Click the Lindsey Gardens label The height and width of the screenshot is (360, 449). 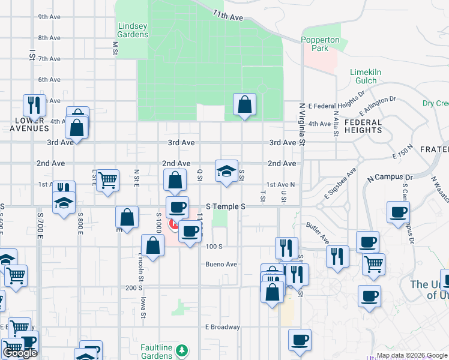pyautogui.click(x=133, y=30)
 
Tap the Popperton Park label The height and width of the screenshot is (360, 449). pyautogui.click(x=320, y=44)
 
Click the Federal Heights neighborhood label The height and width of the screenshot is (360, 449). pyautogui.click(x=363, y=126)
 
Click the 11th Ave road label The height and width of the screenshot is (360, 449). pyautogui.click(x=226, y=16)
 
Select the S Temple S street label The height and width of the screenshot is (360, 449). pyautogui.click(x=226, y=206)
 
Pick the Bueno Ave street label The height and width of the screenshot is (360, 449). pyautogui.click(x=221, y=264)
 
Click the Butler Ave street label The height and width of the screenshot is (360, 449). pyautogui.click(x=318, y=233)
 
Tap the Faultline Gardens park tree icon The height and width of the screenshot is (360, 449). pyautogui.click(x=182, y=350)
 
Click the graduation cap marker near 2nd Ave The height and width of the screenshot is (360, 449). pyautogui.click(x=226, y=172)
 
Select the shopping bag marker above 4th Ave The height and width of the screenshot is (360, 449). pyautogui.click(x=244, y=105)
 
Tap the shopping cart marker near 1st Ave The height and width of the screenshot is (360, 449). pyautogui.click(x=107, y=180)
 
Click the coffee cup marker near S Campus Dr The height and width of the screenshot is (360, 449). pyautogui.click(x=398, y=213)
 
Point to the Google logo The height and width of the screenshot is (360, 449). pyautogui.click(x=20, y=353)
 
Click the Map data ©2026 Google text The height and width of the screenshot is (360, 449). pyautogui.click(x=411, y=355)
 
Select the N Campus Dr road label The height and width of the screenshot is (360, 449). pyautogui.click(x=391, y=178)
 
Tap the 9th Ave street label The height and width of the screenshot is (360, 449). pyautogui.click(x=49, y=17)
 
